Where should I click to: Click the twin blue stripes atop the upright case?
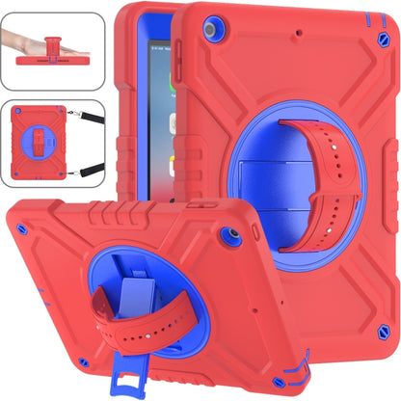(365, 16)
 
